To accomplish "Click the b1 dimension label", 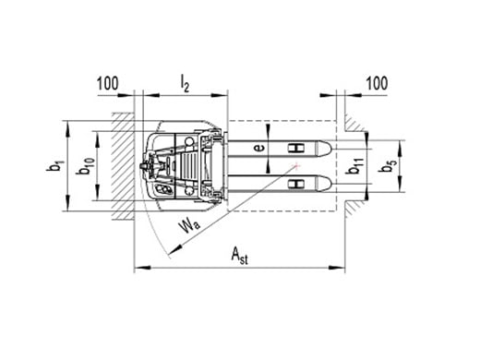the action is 55,166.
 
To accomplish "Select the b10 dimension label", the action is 87,166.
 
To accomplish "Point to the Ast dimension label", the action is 239,256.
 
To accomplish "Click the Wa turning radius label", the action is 189,226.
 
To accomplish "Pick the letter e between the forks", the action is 259,149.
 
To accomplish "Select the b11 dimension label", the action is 354,166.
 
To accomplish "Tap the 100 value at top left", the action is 107,83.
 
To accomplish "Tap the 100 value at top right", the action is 377,83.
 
